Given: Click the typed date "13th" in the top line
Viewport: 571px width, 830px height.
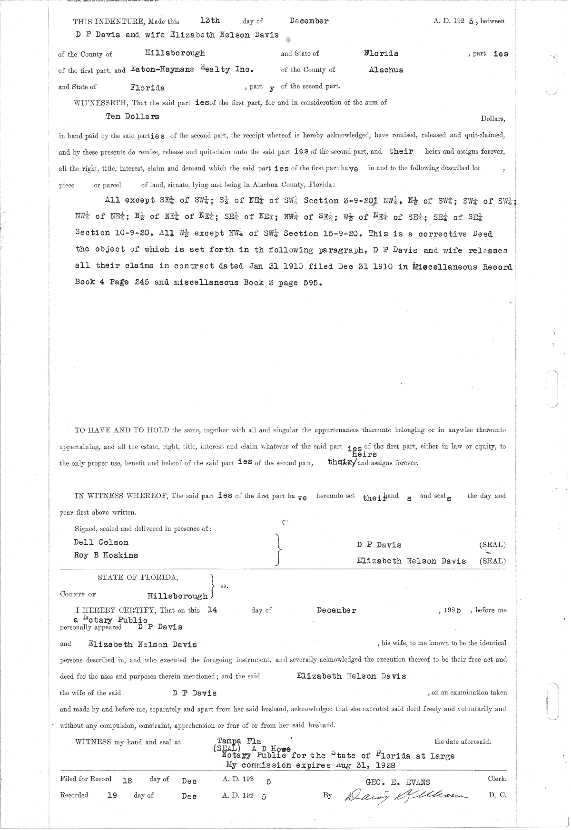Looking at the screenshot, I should [x=210, y=21].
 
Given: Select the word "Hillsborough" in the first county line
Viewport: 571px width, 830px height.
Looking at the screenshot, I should [x=175, y=53].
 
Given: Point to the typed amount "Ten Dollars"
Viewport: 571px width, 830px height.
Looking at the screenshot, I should [x=132, y=117].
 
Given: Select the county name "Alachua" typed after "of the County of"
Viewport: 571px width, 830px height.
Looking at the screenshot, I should [x=386, y=69].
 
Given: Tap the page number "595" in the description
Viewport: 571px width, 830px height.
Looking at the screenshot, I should [x=312, y=283].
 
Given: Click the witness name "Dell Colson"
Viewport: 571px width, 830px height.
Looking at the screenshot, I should [x=101, y=542].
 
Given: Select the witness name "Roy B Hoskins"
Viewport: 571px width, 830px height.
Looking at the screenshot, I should [x=106, y=555].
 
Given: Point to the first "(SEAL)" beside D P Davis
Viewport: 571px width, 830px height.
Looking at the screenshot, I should [x=492, y=545].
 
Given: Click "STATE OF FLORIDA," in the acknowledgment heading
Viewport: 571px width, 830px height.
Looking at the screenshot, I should [x=138, y=577].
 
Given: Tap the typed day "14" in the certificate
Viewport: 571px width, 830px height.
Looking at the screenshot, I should [x=213, y=610].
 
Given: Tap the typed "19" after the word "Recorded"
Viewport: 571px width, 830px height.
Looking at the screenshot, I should [x=112, y=795].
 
